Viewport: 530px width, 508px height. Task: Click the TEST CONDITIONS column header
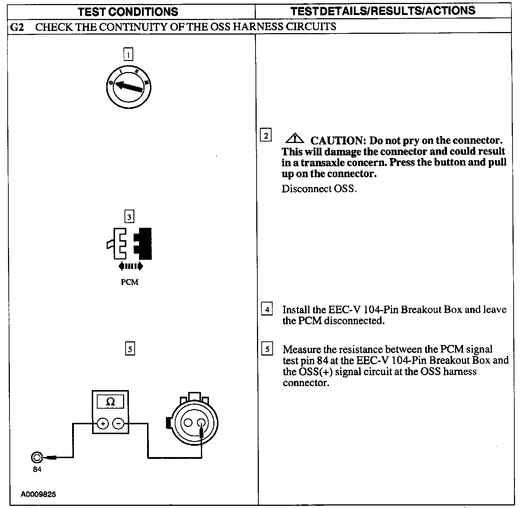(128, 12)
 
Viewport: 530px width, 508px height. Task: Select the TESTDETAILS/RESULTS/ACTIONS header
(383, 11)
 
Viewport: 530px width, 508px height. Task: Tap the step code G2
(17, 27)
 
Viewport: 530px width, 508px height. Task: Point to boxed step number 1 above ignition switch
(128, 55)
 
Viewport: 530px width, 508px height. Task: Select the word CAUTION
(338, 141)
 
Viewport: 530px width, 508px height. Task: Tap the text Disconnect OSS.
(319, 189)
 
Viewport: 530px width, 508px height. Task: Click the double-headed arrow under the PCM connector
(131, 266)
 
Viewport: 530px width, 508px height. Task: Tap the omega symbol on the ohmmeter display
(110, 402)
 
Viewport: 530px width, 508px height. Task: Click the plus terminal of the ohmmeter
(103, 424)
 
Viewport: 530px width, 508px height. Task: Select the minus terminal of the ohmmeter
(118, 424)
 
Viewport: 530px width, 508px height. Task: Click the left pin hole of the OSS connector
(188, 423)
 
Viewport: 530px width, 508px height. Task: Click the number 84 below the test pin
(37, 469)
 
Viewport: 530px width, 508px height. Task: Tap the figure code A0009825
(39, 495)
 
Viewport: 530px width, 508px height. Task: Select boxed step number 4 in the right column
(267, 310)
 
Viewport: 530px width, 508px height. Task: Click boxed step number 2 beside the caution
(266, 136)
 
